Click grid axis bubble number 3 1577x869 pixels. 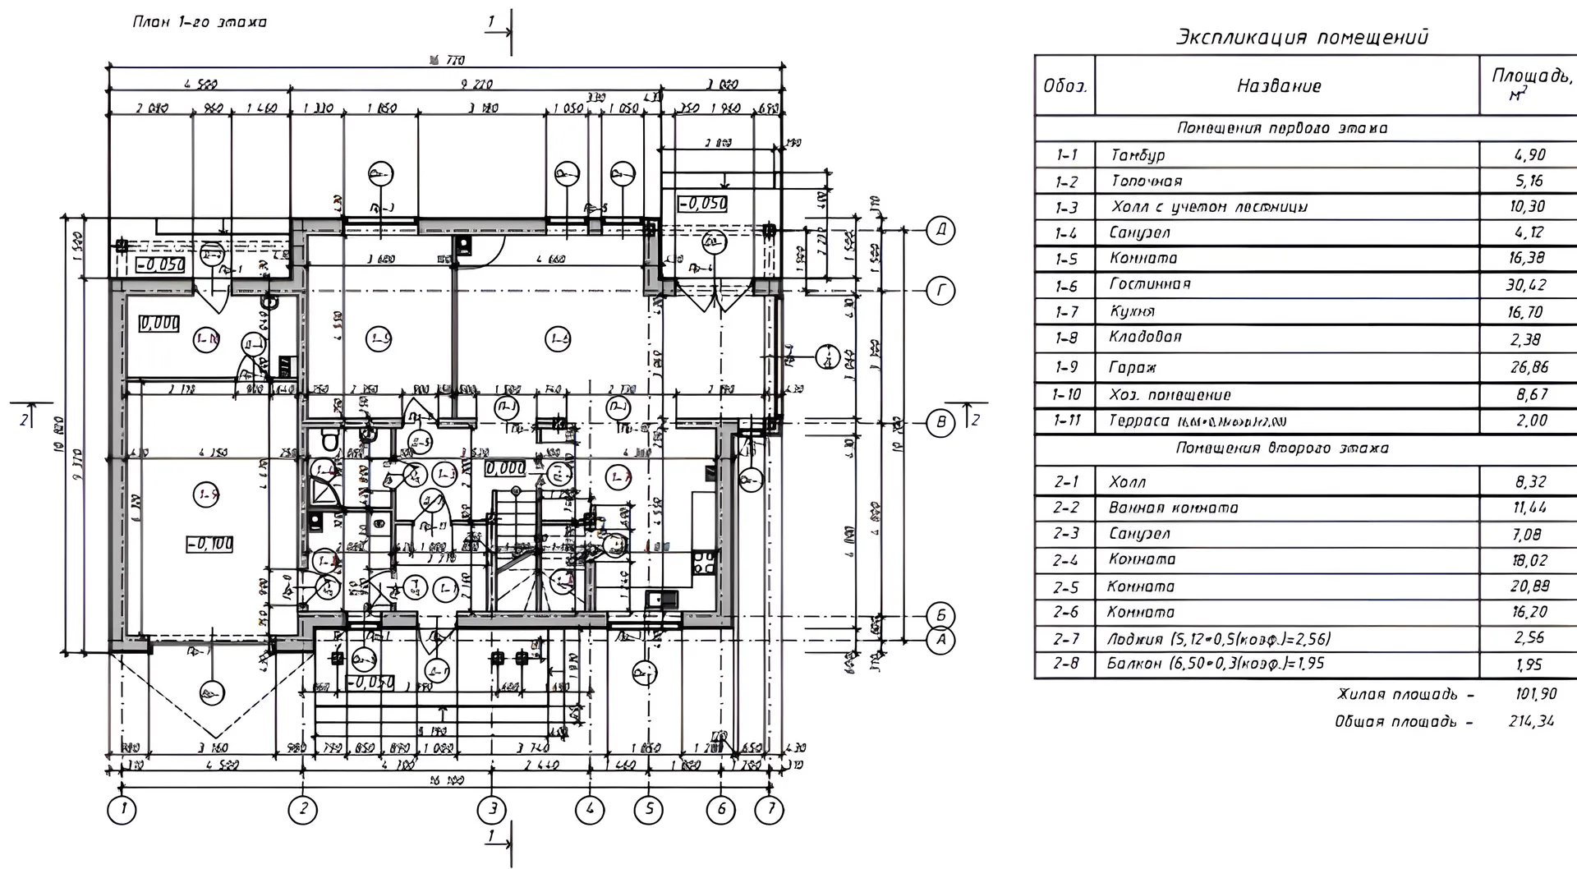492,810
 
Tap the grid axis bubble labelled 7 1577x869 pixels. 770,810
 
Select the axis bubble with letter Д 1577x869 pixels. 940,231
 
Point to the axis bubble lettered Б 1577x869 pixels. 940,615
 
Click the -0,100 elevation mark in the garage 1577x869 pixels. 209,544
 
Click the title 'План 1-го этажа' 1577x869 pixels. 200,22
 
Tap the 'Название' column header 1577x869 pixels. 1279,86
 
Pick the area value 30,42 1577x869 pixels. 1527,285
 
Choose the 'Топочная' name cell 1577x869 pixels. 1147,181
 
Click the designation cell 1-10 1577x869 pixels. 1065,394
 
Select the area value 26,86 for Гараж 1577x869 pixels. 1529,367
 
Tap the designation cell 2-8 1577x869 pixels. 1065,663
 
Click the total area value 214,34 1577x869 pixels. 1531,721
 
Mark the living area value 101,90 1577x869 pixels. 1535,694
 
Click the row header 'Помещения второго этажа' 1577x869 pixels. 1282,448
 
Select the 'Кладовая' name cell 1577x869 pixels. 1145,337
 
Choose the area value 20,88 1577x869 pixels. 1529,586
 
